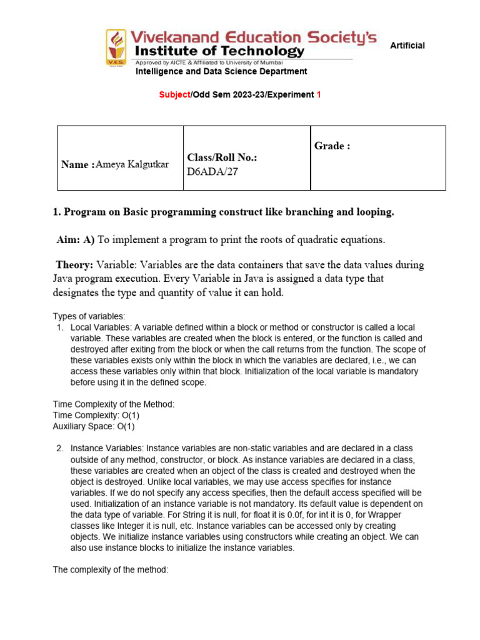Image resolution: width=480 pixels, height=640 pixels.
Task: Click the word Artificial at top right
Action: point(407,46)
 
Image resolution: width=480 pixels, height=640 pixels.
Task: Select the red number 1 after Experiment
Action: point(319,94)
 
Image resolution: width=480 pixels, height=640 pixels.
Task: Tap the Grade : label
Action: point(331,146)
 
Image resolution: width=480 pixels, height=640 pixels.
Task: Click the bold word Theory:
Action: point(74,265)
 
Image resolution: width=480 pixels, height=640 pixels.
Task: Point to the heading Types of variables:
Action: point(89,316)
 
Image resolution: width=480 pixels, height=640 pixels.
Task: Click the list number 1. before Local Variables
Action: point(60,327)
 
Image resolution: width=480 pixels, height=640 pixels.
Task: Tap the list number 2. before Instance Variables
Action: point(60,449)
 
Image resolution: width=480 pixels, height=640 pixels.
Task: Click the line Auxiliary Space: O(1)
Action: point(94,427)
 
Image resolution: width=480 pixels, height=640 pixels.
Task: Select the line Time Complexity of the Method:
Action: point(114,404)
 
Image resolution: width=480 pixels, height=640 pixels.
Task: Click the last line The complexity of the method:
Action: point(111,571)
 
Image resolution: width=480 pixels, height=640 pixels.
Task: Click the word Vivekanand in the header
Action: point(192,37)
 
